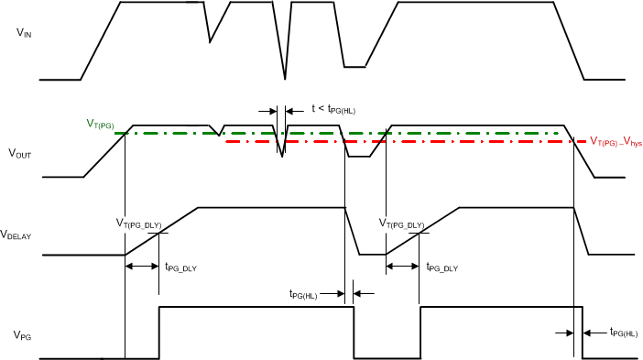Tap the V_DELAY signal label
[x=16, y=235]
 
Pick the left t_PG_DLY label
[x=180, y=267]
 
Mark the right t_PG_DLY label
[x=441, y=267]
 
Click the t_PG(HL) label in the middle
[x=304, y=295]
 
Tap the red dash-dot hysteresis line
[x=458, y=142]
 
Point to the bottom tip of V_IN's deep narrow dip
[x=285, y=80]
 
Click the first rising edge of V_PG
[x=159, y=332]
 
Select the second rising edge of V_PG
[x=420, y=332]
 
